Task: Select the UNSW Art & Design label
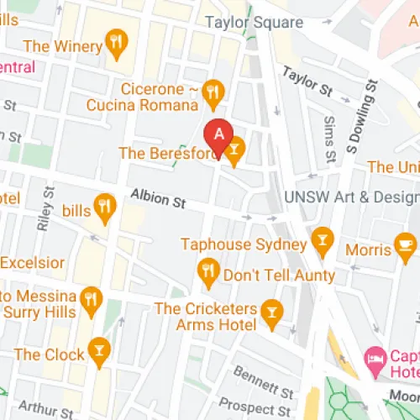pyautogui.click(x=351, y=197)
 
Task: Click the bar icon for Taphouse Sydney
pyautogui.click(x=321, y=241)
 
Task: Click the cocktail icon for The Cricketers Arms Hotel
pyautogui.click(x=270, y=313)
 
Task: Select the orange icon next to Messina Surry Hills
pyautogui.click(x=92, y=297)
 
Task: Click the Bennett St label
pyautogui.click(x=264, y=367)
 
